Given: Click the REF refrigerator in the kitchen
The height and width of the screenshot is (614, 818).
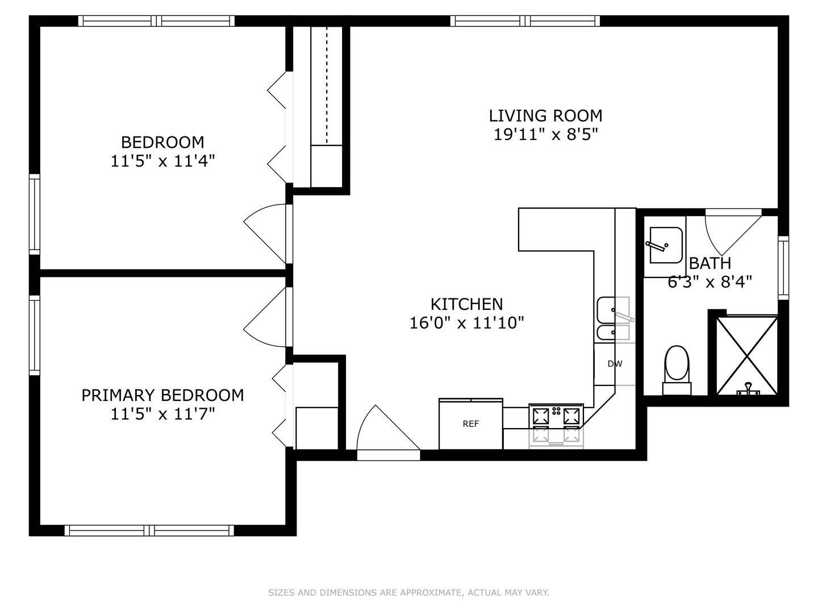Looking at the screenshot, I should [x=470, y=424].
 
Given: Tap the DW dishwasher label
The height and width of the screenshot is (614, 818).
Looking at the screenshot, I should [x=615, y=364].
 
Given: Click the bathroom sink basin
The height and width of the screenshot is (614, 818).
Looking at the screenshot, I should [x=665, y=245].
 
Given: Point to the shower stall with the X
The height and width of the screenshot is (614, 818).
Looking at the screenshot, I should [x=746, y=356].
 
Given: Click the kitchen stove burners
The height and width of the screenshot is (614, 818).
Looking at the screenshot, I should [x=557, y=416].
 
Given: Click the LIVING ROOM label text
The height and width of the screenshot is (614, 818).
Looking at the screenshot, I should [x=545, y=116].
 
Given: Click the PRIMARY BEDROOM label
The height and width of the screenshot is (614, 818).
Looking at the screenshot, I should [x=162, y=395].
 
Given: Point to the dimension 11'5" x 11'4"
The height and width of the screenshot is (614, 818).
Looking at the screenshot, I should [x=162, y=161].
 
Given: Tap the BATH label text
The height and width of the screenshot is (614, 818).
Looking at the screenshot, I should [x=710, y=264].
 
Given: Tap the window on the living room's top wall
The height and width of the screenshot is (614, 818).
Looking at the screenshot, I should [x=525, y=21].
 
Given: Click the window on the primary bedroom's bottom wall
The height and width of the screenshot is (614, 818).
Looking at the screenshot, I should [x=149, y=530].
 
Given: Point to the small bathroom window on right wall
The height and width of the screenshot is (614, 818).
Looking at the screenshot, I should [x=783, y=268].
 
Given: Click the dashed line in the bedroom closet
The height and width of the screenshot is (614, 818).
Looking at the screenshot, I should [x=327, y=85].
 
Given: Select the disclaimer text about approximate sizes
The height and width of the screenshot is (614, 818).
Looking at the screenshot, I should [x=408, y=592].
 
